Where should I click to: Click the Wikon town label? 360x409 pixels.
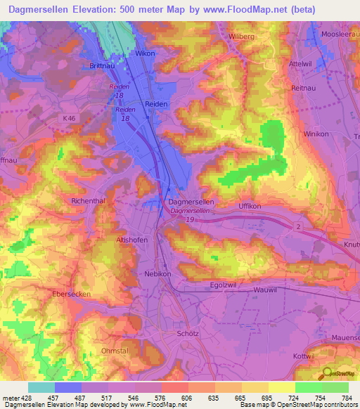(x=145, y=53)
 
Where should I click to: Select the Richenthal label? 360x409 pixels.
(x=88, y=200)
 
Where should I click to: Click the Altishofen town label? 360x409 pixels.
(x=131, y=240)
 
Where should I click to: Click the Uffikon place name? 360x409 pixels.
(x=250, y=206)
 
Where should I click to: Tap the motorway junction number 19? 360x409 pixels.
(x=191, y=219)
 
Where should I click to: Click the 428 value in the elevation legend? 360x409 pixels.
(x=19, y=397)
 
